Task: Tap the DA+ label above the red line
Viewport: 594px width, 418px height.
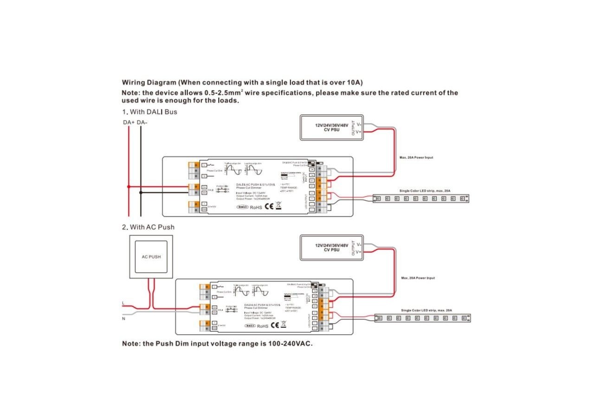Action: click(129, 123)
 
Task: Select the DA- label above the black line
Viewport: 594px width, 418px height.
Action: click(142, 123)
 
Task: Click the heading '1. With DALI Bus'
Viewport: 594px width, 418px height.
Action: click(149, 112)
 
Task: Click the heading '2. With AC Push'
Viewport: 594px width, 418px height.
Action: click(148, 227)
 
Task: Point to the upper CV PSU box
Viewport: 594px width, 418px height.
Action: click(331, 128)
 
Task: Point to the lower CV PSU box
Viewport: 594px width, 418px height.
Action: click(331, 247)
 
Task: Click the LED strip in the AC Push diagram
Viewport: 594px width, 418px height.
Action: click(422, 318)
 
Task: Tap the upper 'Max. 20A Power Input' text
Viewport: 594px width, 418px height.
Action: click(416, 157)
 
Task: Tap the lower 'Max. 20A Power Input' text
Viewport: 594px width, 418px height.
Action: click(418, 278)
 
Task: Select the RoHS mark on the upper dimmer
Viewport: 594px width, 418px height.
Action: click(256, 207)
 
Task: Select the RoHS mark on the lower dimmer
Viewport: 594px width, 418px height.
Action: click(262, 326)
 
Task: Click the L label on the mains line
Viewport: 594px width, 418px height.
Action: click(123, 303)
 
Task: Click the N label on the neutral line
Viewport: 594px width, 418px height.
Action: click(123, 318)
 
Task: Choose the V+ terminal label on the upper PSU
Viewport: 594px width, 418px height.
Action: click(359, 132)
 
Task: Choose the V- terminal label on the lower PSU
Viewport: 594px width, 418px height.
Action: click(359, 244)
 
